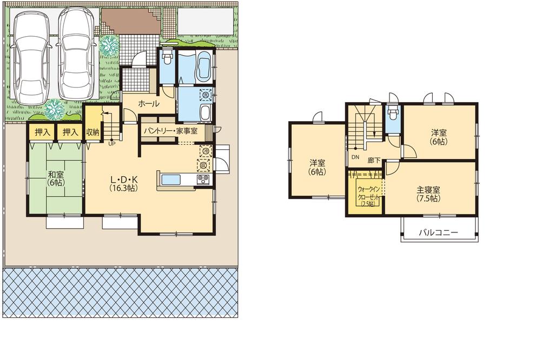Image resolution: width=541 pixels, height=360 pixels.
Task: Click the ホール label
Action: pyautogui.click(x=149, y=103)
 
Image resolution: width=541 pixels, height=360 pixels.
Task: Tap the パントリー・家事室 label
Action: pyautogui.click(x=170, y=131)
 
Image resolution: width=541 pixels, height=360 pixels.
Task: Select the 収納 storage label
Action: pyautogui.click(x=93, y=131)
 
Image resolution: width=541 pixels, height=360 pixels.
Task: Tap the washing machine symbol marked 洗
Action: pyautogui.click(x=206, y=95)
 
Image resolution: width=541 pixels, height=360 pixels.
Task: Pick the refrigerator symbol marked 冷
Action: pyautogui.click(x=205, y=151)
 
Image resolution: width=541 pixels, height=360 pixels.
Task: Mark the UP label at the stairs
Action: pyautogui.click(x=111, y=144)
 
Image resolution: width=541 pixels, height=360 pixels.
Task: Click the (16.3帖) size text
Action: pyautogui.click(x=122, y=188)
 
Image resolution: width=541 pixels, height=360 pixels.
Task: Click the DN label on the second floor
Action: pyautogui.click(x=355, y=157)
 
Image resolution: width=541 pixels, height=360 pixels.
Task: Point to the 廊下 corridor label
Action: pyautogui.click(x=374, y=161)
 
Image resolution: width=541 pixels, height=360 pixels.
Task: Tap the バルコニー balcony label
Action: pyautogui.click(x=439, y=233)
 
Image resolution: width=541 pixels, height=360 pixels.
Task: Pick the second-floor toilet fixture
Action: pyautogui.click(x=392, y=114)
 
